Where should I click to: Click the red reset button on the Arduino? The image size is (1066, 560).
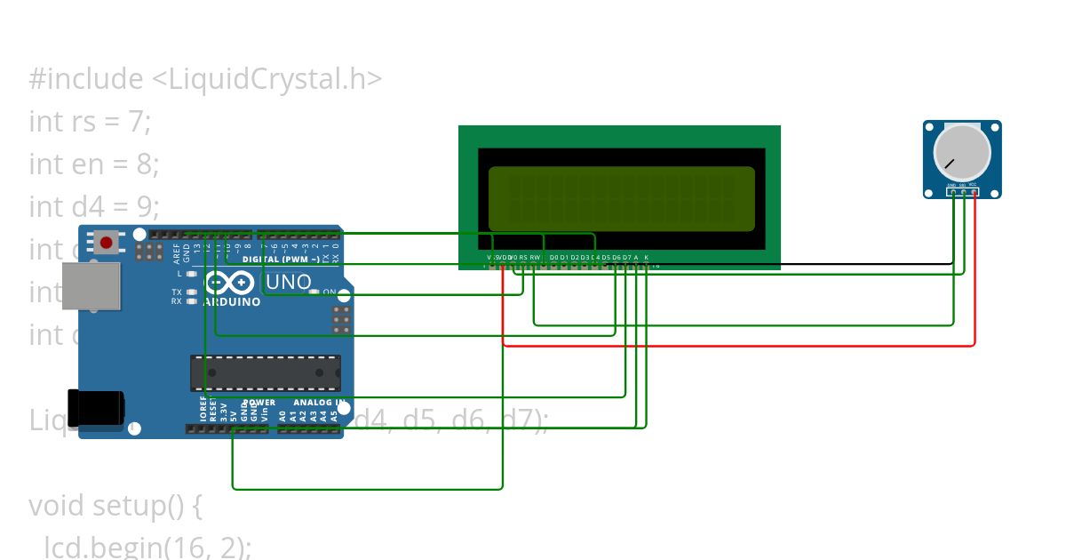click(x=107, y=242)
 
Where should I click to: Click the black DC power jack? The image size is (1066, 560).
click(x=97, y=408)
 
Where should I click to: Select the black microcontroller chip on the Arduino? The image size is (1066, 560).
click(x=265, y=372)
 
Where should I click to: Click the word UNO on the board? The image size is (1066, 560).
click(x=289, y=283)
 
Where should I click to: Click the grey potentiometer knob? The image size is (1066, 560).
click(x=962, y=152)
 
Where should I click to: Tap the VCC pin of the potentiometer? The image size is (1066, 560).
click(x=974, y=191)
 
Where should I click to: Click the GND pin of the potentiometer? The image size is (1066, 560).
click(x=952, y=191)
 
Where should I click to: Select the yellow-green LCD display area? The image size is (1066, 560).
click(x=621, y=198)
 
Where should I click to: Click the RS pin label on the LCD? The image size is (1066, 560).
click(x=523, y=258)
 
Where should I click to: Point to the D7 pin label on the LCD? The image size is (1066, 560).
click(x=627, y=258)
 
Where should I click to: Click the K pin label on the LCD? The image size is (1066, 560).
click(x=647, y=258)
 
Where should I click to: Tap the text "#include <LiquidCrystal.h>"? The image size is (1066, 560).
click(x=205, y=79)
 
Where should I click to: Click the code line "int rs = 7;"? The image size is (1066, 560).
click(x=90, y=121)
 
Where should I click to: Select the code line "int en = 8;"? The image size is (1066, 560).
click(x=93, y=164)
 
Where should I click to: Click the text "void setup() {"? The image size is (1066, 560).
click(x=116, y=505)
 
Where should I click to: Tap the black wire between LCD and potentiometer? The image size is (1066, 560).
click(x=799, y=264)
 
